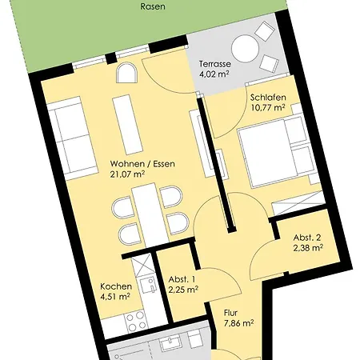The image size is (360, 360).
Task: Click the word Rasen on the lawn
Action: pos(152,6)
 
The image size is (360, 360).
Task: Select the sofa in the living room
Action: pos(70,138)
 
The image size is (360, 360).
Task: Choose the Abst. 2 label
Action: pos(306,237)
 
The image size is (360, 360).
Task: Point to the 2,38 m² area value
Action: pos(306,249)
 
